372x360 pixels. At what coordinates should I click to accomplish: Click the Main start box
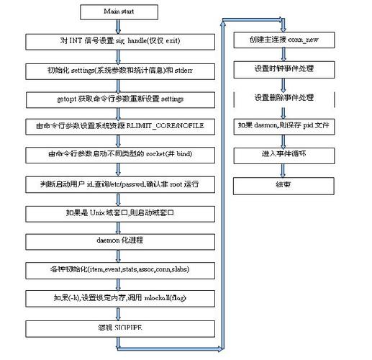point(115,12)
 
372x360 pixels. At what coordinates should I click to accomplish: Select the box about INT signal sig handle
point(115,41)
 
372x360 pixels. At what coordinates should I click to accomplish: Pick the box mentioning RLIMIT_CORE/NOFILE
point(115,126)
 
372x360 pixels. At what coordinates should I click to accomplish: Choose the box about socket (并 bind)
point(115,155)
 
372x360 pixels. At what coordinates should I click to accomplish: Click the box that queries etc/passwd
point(115,184)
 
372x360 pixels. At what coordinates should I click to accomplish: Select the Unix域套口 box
point(115,213)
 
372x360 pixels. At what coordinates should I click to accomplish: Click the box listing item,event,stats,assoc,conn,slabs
point(115,269)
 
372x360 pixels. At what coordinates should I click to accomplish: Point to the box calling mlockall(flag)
point(115,297)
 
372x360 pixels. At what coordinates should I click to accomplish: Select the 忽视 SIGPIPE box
point(115,325)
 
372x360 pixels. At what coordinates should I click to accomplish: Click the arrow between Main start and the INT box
point(115,26)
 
